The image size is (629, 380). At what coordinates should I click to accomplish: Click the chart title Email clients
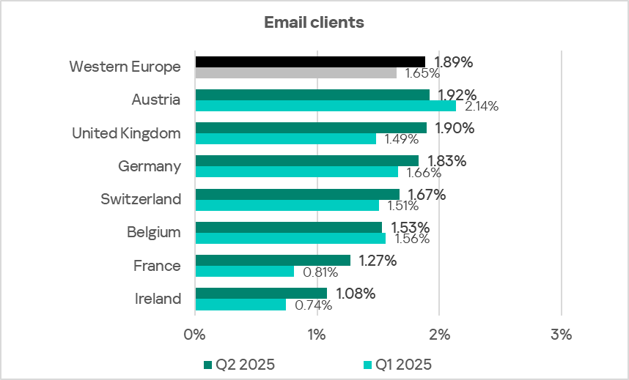point(314,23)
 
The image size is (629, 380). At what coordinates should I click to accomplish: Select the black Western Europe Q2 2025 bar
point(310,62)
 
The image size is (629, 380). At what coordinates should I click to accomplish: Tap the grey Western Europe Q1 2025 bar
point(295,72)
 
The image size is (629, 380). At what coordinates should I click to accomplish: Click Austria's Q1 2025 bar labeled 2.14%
point(325,105)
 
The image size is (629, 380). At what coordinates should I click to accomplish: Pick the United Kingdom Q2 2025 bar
point(311,127)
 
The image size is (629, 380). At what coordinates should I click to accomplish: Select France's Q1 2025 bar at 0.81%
point(244,271)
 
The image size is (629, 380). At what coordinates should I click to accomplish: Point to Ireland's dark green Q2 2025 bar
point(261,293)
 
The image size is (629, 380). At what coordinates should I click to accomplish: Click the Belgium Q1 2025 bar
point(290,238)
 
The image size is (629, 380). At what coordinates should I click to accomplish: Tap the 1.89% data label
point(453,62)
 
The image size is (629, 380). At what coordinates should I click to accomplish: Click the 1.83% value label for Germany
point(446,161)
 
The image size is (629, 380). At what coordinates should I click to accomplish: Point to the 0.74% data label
point(313,305)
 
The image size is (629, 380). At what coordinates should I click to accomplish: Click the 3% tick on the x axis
point(561,335)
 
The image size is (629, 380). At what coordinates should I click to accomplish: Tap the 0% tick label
point(195,335)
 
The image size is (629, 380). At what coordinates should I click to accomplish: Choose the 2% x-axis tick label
point(438,335)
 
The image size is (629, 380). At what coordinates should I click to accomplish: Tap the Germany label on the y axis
point(150,166)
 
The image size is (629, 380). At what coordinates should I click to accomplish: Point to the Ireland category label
point(158,299)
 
